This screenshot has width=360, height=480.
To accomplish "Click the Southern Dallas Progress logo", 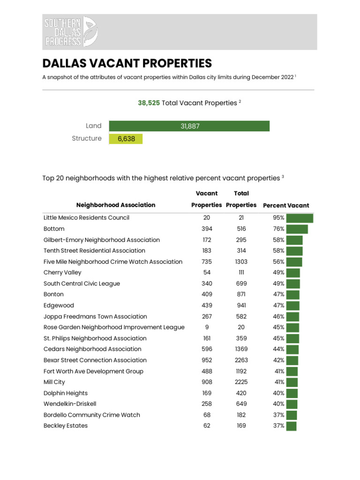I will tap(71, 32).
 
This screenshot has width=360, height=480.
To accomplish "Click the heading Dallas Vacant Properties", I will tap(127, 63).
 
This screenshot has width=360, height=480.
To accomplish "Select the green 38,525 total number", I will tap(149, 103).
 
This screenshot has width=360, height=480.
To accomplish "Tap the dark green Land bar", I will tap(189, 126).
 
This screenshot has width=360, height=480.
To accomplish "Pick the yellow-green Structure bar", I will tap(126, 139).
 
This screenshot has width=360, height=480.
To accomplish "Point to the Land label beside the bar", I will tap(93, 126).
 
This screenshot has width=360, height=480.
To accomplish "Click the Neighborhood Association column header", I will tap(115, 205).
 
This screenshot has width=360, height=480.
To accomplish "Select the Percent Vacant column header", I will tap(286, 205).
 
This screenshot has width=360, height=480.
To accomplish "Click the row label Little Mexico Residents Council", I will tap(86, 218).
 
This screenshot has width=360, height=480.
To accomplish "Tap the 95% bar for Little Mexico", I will tap(300, 218).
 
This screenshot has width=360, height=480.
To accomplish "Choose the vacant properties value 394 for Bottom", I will tap(207, 229).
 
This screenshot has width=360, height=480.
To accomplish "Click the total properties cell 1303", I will tap(241, 262).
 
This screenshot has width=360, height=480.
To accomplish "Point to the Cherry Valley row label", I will tap(62, 272).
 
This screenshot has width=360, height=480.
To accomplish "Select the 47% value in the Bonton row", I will tap(278, 294).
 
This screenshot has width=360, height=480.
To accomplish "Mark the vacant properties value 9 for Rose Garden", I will tap(207, 327).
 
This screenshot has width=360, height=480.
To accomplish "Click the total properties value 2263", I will tap(241, 360).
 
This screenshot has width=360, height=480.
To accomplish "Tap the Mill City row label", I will tap(54, 382).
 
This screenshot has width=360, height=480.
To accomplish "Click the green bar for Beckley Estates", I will tap(291, 426).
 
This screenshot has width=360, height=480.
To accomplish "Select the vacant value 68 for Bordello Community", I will tap(207, 415).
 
